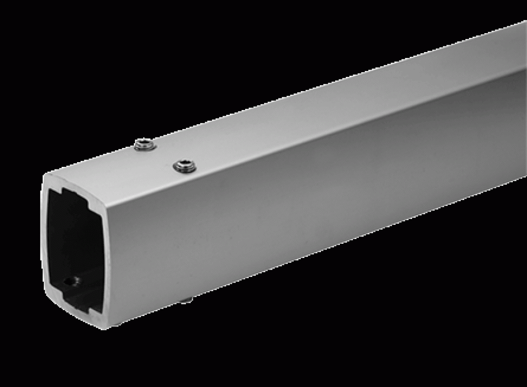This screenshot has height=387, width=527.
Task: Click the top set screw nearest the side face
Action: click(185, 165)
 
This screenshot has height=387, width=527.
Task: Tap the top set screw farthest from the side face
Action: click(143, 144)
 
